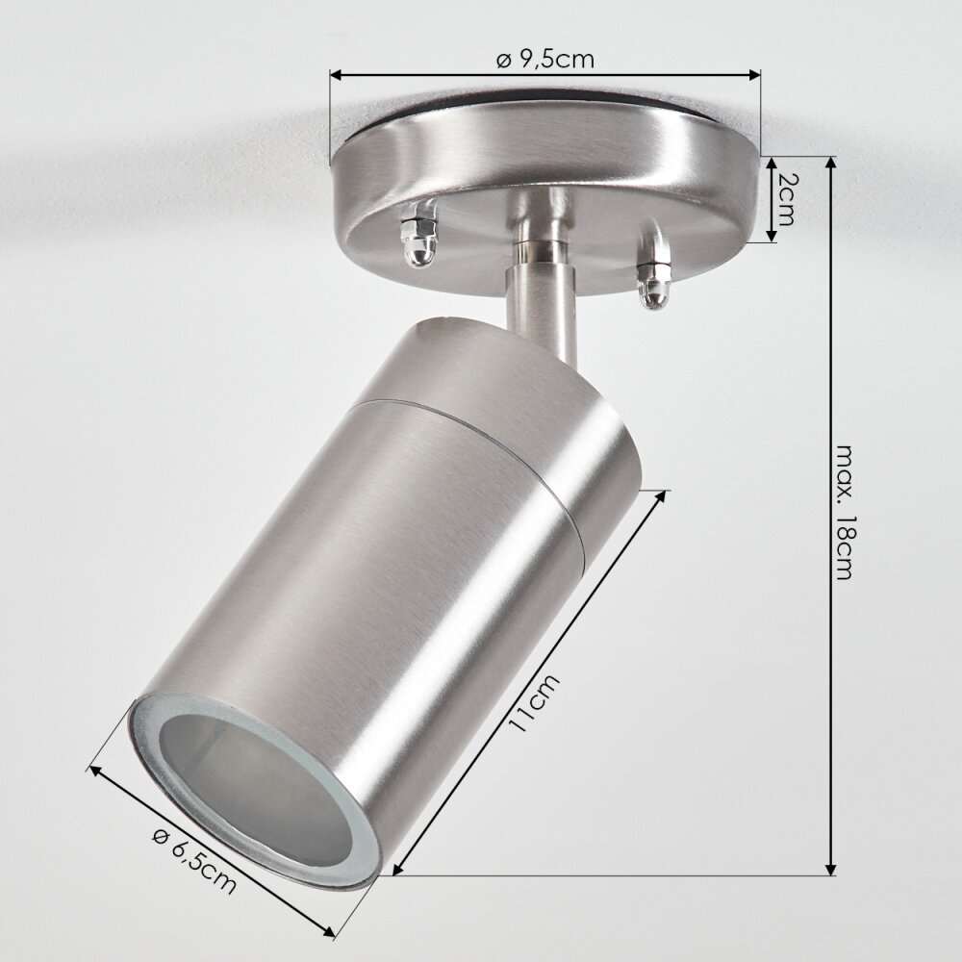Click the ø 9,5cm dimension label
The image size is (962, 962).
pyautogui.click(x=544, y=60)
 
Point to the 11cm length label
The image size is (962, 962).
pyautogui.click(x=534, y=702)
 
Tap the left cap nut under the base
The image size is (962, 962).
pyautogui.click(x=419, y=238)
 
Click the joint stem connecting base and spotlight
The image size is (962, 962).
pyautogui.click(x=542, y=271)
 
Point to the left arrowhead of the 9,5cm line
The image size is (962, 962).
pyautogui.click(x=336, y=75)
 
